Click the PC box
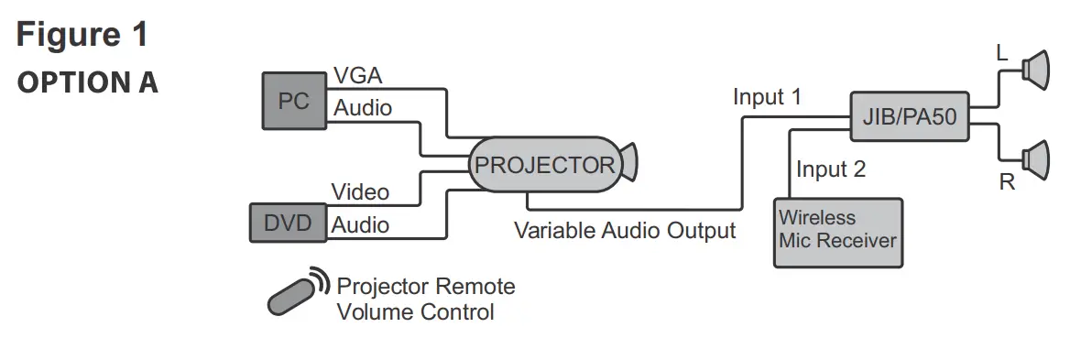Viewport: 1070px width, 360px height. (293, 102)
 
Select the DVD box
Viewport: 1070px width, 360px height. (288, 224)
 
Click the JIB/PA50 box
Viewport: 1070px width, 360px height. (909, 116)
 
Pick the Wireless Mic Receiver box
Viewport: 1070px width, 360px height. (837, 233)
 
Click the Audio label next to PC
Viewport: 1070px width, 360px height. (362, 108)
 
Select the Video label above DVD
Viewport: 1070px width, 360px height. (360, 192)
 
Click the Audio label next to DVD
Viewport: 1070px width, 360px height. (360, 224)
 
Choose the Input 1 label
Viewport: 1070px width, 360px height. (767, 97)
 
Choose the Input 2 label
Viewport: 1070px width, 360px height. (830, 169)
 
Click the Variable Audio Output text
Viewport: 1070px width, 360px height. (625, 230)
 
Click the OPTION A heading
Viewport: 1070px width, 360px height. (88, 82)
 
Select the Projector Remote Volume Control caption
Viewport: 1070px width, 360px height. (425, 299)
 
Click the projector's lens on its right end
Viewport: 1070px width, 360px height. (628, 164)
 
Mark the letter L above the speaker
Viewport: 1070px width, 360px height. (1001, 55)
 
